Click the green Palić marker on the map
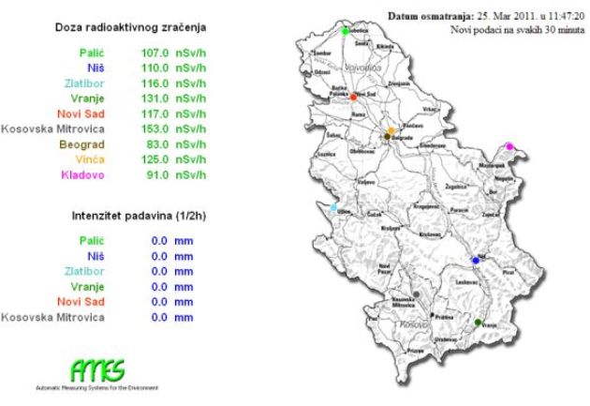pyautogui.click(x=346, y=31)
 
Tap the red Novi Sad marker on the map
pyautogui.click(x=352, y=96)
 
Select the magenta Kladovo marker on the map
pyautogui.click(x=509, y=146)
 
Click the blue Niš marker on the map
pyautogui.click(x=477, y=260)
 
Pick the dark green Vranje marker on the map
pyautogui.click(x=479, y=322)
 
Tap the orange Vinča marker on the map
pyautogui.click(x=391, y=129)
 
